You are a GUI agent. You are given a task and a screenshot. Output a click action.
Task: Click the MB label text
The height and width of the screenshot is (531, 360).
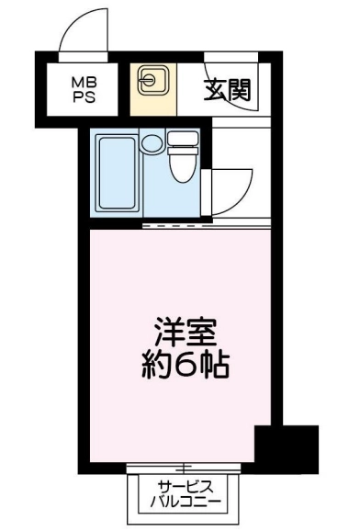pos(84,82)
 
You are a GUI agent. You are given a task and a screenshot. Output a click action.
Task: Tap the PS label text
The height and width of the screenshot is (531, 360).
pos(84,97)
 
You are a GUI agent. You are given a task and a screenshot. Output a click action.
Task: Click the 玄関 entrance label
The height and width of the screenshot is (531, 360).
pos(227,90)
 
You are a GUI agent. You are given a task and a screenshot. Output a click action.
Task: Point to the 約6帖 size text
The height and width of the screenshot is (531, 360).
pos(186,366)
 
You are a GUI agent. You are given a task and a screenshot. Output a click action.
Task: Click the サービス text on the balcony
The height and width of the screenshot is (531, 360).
pos(186,487)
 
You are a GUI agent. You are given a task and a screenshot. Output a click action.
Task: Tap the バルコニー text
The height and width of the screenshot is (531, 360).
pos(186,503)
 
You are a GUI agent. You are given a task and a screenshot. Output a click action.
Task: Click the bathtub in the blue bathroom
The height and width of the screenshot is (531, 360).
pos(118,173)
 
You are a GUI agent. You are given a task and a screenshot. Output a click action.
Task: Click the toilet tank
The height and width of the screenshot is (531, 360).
pos(183,140)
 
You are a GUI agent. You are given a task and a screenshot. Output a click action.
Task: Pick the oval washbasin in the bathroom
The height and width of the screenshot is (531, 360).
pos(152,143)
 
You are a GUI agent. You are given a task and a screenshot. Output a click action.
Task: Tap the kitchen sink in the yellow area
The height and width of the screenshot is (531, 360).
pos(153,81)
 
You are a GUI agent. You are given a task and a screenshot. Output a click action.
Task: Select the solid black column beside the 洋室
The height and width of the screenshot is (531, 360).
pos(287,448)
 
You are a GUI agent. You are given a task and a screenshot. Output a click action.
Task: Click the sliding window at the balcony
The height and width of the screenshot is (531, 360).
pos(184,469)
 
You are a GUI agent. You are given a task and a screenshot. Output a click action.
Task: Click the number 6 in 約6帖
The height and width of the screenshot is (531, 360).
pos(186,366)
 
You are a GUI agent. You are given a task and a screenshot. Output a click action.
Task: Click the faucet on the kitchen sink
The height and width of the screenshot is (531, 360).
pos(147,81)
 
